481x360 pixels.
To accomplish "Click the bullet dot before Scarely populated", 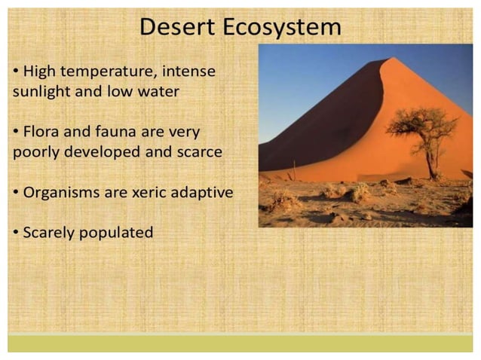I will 17,232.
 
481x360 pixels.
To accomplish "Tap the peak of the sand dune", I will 386,61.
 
